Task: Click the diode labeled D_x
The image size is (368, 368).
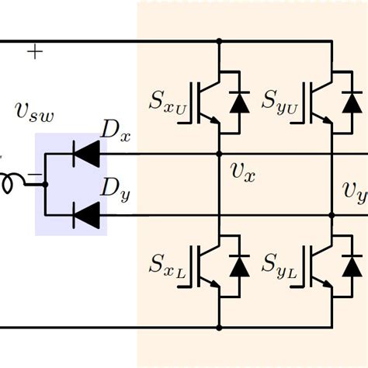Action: [x=85, y=154]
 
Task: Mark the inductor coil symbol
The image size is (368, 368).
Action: [x=12, y=183]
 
